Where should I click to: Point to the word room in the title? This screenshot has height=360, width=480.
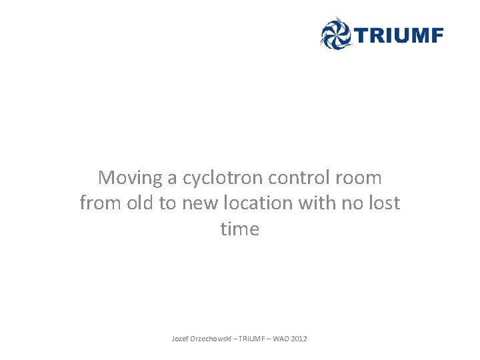[360, 178]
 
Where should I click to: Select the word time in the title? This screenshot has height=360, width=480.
[239, 229]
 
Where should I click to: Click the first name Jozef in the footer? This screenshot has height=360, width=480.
[180, 339]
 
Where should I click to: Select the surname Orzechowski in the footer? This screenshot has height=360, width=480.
[211, 339]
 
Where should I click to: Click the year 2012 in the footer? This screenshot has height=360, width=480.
[299, 339]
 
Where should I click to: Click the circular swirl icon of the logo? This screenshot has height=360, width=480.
[335, 33]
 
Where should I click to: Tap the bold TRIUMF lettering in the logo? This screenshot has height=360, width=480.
[398, 35]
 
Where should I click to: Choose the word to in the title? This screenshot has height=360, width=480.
[166, 203]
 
